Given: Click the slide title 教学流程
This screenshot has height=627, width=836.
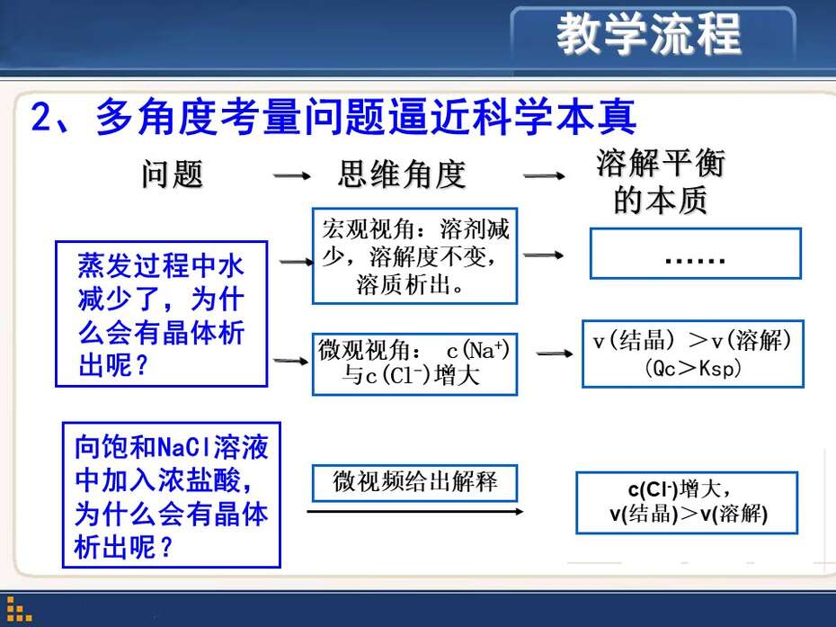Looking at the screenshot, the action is tap(648, 34).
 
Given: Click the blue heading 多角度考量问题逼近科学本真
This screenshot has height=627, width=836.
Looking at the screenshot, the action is tap(365, 117).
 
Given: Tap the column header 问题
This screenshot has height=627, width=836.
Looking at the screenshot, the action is tap(173, 175).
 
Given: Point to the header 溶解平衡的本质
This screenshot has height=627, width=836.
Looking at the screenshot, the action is tap(661, 182).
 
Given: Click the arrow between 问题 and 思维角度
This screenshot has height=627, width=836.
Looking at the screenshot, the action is tap(291, 175).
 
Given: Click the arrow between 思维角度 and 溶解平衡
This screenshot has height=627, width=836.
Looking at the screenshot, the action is tap(544, 175).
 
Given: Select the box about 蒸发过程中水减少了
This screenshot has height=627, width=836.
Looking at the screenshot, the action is tap(162, 314).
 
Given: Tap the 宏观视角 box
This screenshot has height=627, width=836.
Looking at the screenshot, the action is tap(414, 256).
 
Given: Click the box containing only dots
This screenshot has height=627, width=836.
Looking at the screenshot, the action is tap(695, 254).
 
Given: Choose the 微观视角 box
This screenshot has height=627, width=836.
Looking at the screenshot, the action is tap(414, 364).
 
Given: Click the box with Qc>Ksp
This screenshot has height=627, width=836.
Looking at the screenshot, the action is tap(692, 354).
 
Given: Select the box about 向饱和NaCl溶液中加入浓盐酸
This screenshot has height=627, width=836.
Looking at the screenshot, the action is tap(172, 495).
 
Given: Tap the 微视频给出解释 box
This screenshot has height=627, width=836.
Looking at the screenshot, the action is tap(414, 483).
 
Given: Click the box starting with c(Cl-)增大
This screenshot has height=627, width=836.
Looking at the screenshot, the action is tap(688, 503).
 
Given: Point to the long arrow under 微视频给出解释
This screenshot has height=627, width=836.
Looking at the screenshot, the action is tap(415, 512).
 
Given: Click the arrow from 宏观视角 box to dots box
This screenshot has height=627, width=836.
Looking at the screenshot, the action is tap(543, 255).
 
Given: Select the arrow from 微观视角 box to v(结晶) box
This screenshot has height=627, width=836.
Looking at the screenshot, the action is tap(555, 354).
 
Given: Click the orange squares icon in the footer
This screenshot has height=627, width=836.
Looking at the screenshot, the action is tap(19, 609).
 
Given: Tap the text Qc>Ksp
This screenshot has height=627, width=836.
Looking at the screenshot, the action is tap(693, 368).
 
